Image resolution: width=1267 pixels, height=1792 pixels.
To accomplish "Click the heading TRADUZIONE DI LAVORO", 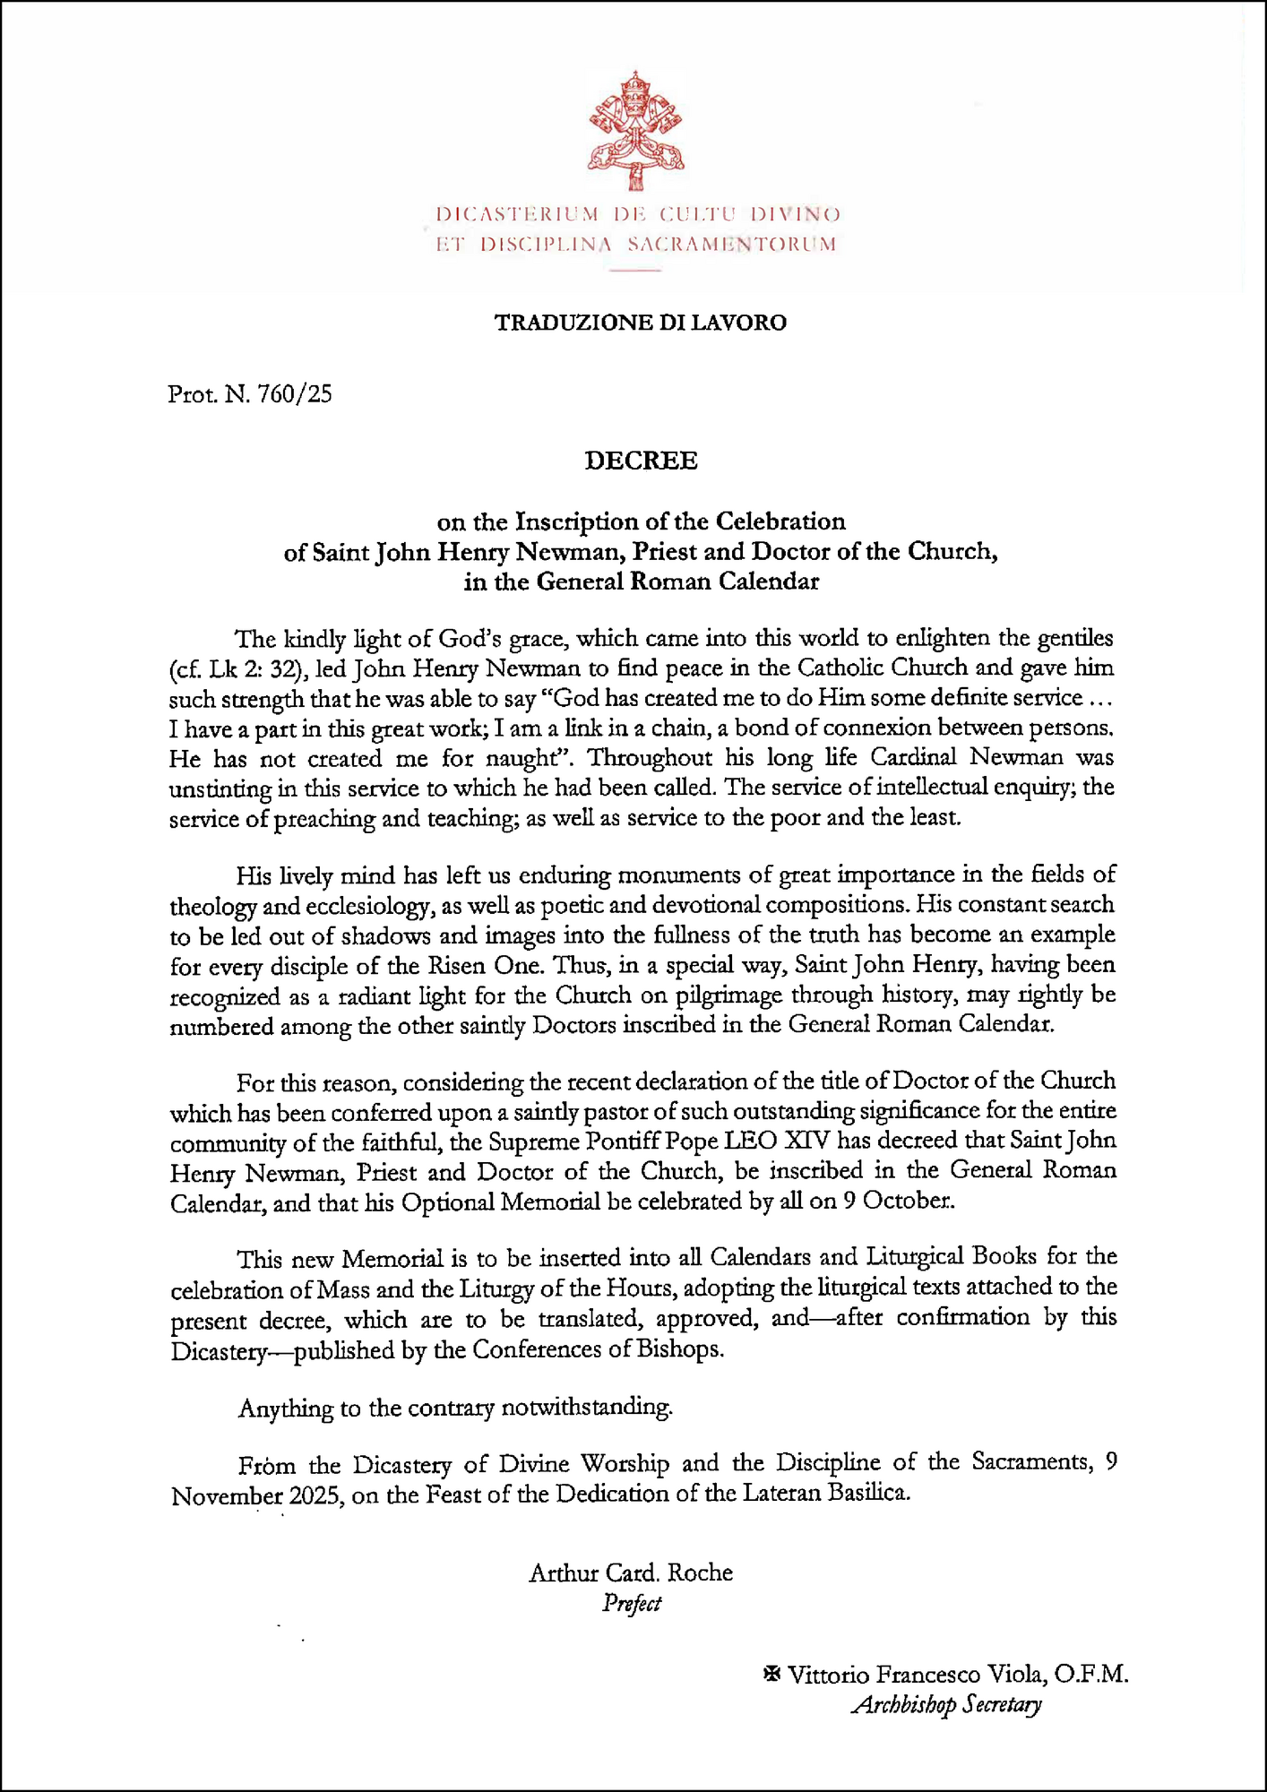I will pos(641,323).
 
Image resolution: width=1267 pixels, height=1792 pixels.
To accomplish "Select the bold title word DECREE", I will pos(641,461).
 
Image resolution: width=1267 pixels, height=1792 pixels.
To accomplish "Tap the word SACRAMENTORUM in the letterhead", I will pos(732,244).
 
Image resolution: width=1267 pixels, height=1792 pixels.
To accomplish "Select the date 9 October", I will pos(898,1202).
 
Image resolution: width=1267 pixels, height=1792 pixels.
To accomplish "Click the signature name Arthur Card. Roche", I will pos(631,1572).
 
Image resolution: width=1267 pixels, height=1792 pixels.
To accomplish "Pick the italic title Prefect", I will pos(632,1603).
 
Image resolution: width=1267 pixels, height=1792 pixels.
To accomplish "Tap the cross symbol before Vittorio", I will pos(771,1673).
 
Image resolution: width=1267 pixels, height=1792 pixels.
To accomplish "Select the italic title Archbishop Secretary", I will pos(946,1704).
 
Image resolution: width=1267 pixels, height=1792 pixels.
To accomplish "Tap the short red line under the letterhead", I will pos(635,270).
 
